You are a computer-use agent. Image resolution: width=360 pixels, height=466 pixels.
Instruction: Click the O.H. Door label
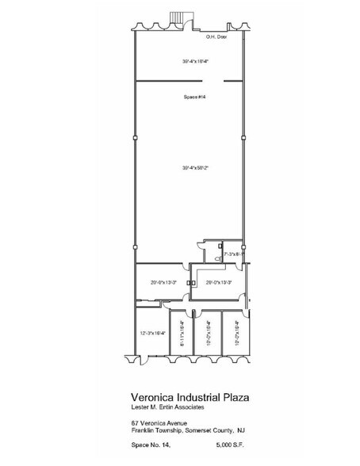point(216,36)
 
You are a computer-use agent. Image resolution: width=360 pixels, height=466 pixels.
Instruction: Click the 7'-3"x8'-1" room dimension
point(233,254)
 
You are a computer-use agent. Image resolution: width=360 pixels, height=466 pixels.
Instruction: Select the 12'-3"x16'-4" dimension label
point(151,333)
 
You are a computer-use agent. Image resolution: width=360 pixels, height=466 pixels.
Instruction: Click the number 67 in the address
point(136,423)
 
